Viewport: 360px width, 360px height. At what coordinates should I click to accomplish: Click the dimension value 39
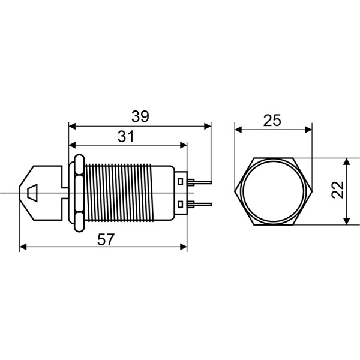pyautogui.click(x=140, y=116)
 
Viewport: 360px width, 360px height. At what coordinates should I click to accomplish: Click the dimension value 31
pyautogui.click(x=125, y=137)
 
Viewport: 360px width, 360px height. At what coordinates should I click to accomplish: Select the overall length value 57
pyautogui.click(x=106, y=239)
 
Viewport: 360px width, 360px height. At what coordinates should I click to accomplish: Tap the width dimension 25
pyautogui.click(x=272, y=120)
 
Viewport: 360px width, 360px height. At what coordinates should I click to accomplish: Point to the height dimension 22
pyautogui.click(x=337, y=191)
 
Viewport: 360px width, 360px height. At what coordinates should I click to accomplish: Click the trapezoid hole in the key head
pyautogui.click(x=32, y=192)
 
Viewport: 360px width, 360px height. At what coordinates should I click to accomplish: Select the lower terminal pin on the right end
pyautogui.click(x=201, y=204)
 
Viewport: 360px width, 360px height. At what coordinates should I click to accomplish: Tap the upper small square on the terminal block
pyautogui.click(x=181, y=181)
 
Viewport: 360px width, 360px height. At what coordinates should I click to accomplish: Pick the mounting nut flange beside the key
pyautogui.click(x=77, y=192)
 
